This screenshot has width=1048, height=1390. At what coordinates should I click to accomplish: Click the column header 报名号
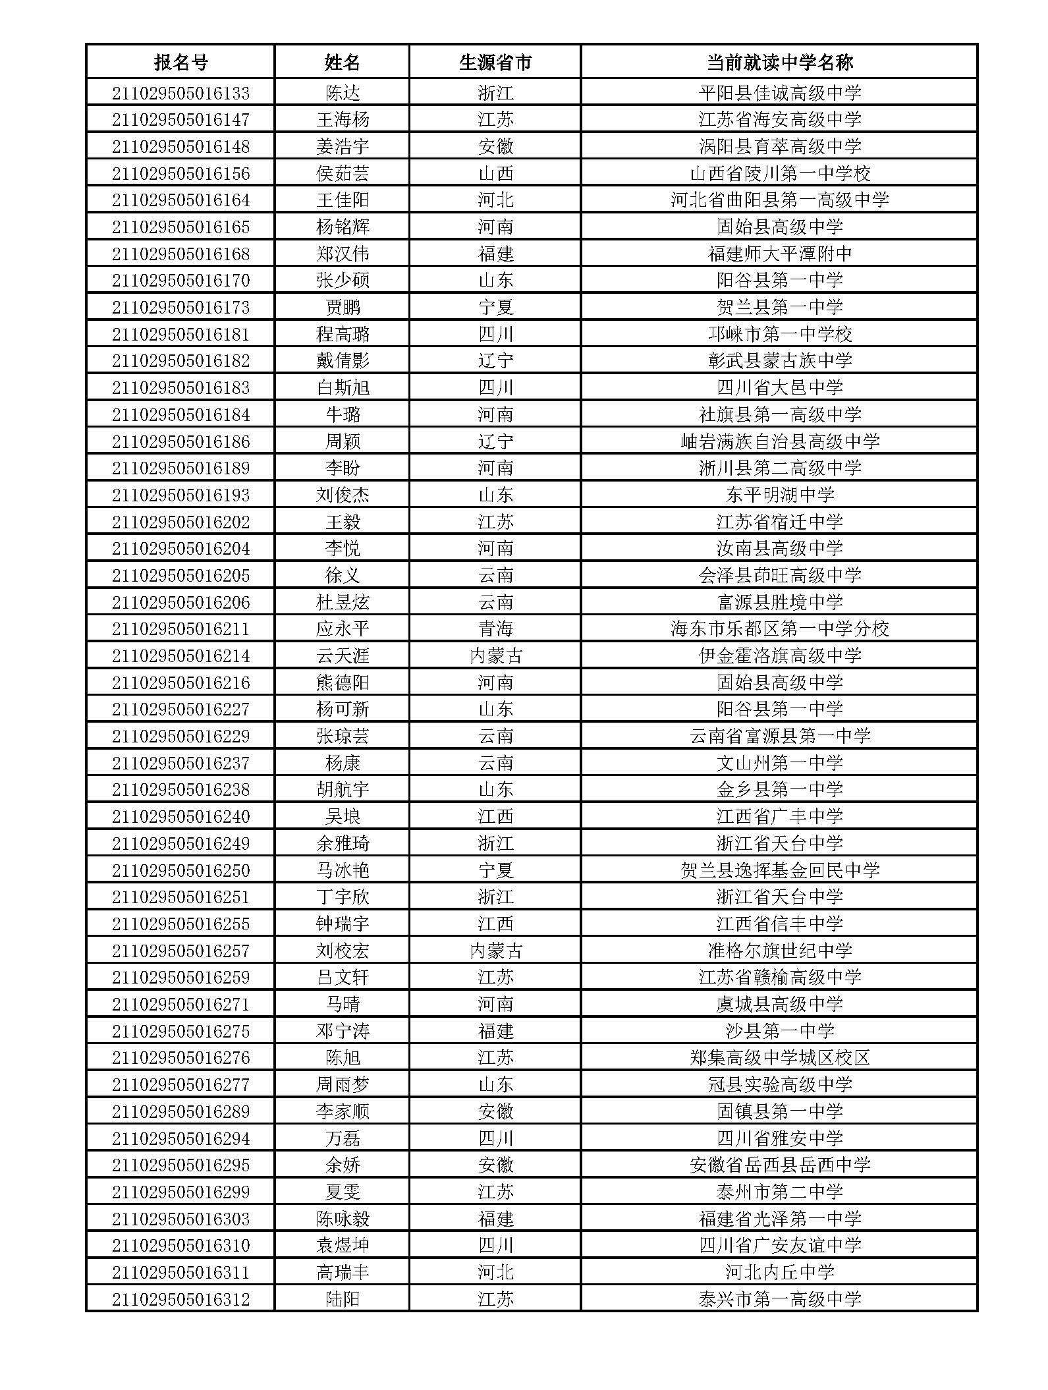(180, 63)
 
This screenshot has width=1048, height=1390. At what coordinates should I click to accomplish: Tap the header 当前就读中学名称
(779, 63)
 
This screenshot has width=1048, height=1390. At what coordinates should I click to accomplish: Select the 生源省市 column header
(495, 63)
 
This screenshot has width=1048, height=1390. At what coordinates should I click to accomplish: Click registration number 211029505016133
(180, 93)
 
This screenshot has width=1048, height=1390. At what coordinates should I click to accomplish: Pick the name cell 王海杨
(343, 120)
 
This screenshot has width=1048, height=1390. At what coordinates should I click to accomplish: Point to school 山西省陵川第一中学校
(779, 173)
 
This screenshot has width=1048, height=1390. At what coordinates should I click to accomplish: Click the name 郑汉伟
(343, 254)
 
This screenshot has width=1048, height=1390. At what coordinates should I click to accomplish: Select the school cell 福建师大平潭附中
(779, 254)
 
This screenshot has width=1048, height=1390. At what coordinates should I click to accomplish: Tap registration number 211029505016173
(180, 307)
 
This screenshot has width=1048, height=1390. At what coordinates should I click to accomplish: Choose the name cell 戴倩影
(343, 361)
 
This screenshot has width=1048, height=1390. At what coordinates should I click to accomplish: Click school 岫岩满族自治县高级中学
(779, 441)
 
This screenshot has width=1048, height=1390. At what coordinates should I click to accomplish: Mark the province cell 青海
(495, 629)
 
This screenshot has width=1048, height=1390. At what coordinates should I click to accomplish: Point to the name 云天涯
(343, 656)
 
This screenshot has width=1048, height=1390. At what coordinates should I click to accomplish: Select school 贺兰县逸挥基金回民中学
(779, 870)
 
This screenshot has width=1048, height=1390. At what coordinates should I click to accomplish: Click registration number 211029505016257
(180, 951)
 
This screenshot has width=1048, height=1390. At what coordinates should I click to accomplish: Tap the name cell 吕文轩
(343, 978)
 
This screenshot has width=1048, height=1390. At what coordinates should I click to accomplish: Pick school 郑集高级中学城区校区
(779, 1058)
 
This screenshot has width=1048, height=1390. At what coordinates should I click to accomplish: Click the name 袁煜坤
(343, 1246)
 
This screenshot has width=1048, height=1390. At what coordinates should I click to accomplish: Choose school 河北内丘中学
(779, 1273)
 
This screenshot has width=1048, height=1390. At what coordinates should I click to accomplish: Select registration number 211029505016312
(180, 1300)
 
